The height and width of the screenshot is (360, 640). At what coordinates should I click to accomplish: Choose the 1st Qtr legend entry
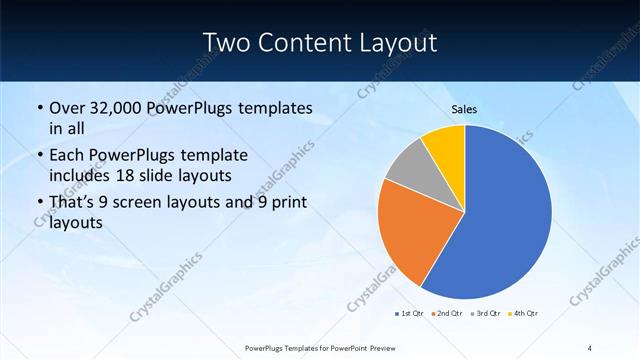[409, 314]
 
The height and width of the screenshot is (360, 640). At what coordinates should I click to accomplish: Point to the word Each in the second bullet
[67, 156]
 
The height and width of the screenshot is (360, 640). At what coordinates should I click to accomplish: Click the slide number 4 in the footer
[590, 346]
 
